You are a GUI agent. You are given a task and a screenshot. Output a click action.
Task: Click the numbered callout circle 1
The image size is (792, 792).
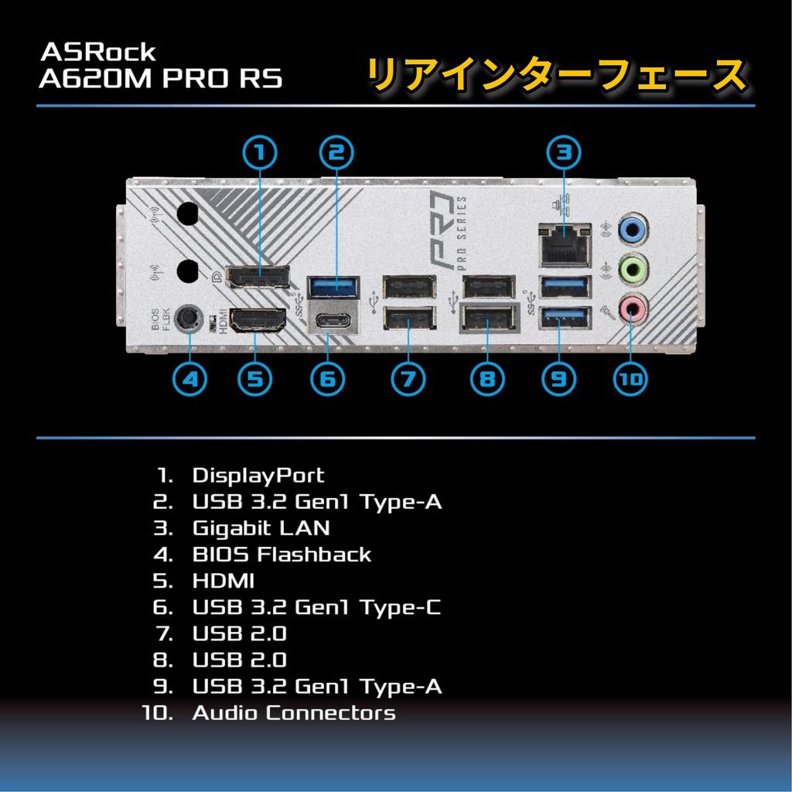261,152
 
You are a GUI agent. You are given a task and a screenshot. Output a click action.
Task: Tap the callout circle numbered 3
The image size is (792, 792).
564,152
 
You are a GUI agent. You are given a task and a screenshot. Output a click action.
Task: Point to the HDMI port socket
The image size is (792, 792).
258,319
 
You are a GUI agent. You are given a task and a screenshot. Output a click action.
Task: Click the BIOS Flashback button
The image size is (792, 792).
188,317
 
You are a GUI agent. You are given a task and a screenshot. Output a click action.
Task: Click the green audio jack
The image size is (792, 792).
633,269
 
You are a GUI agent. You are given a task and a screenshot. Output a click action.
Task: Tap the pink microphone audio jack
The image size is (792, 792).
633,309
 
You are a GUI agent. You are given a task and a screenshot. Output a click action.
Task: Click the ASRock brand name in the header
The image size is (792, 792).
98,53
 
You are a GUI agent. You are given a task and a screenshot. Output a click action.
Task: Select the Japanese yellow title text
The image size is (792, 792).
556,75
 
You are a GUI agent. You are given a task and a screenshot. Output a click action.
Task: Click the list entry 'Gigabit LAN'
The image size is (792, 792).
261,528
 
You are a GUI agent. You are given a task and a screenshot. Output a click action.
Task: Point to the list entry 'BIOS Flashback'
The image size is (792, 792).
282,555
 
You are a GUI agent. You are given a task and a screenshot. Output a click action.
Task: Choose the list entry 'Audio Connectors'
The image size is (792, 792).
293,712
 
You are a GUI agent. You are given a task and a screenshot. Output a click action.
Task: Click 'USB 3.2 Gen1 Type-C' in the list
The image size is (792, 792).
316,607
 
